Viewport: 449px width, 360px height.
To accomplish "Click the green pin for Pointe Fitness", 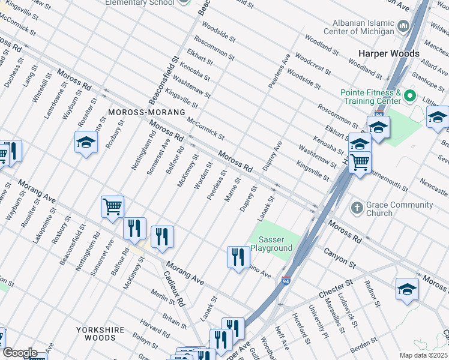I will [x=410, y=96].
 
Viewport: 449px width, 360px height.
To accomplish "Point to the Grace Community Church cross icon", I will [x=357, y=208].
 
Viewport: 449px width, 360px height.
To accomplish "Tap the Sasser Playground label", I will [x=271, y=244].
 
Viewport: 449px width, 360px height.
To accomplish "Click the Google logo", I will [x=19, y=353].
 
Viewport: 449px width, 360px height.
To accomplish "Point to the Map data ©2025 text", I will [x=423, y=355].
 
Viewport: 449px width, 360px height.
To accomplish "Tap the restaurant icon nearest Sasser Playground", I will [x=238, y=258].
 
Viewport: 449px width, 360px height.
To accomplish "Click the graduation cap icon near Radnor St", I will [x=407, y=289].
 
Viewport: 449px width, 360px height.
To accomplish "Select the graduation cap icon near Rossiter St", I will [x=86, y=142].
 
